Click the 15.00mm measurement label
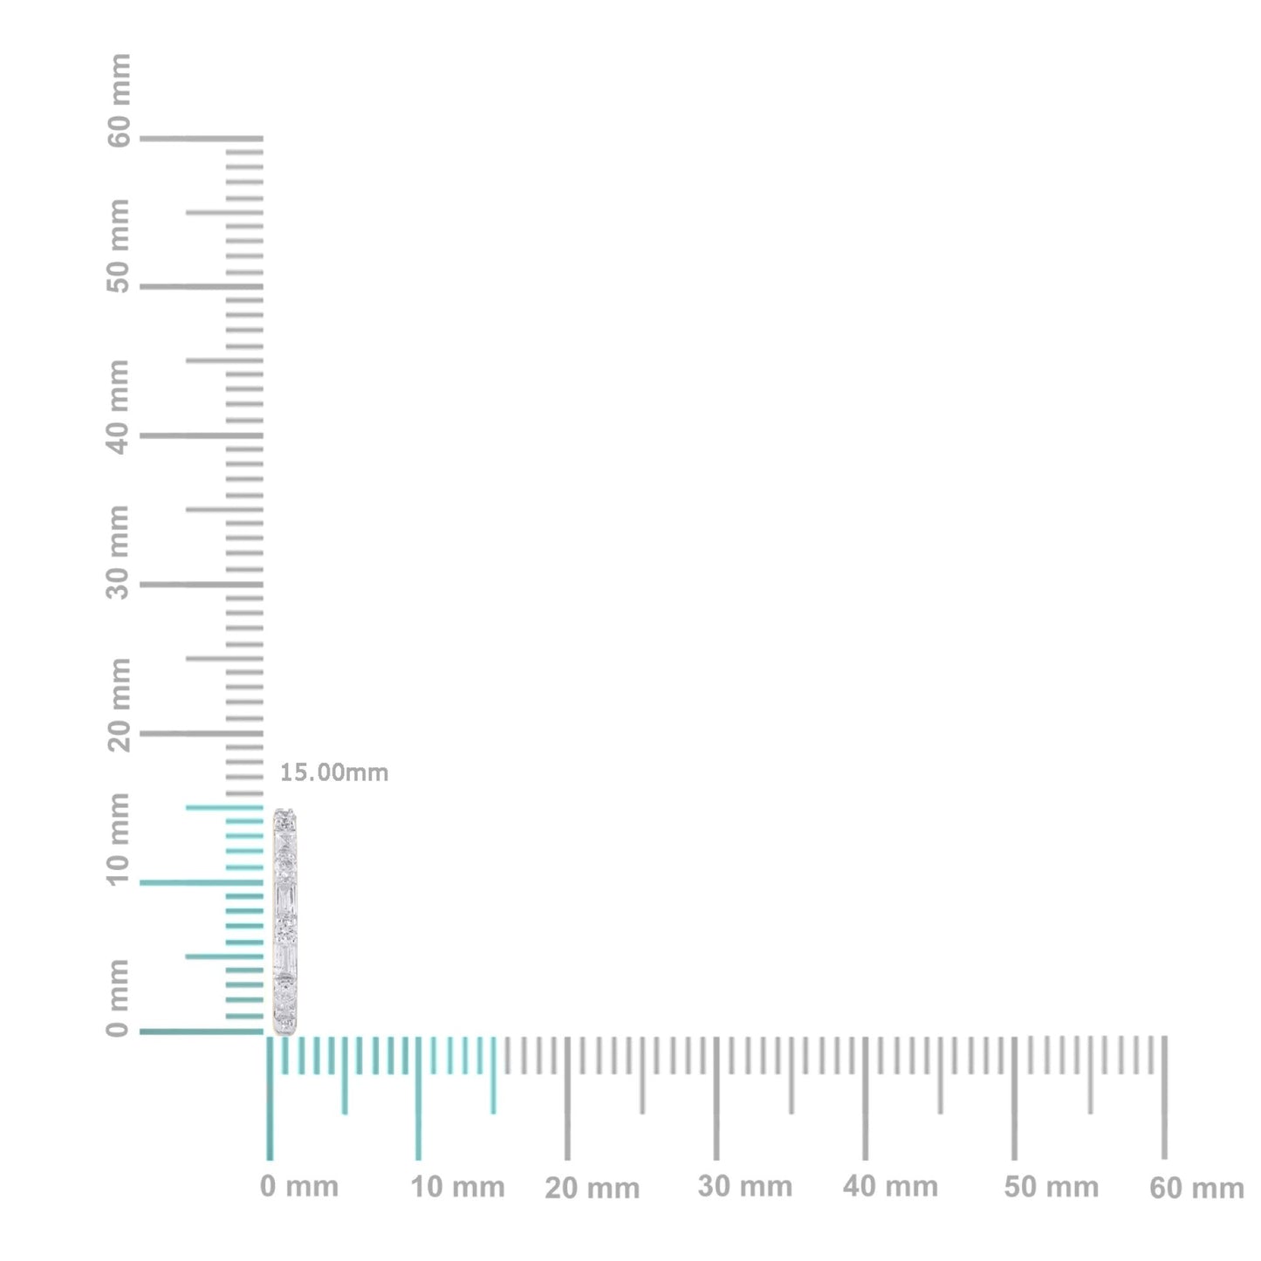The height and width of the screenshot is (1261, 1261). coord(333,773)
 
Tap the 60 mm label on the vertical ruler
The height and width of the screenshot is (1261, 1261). coord(119,99)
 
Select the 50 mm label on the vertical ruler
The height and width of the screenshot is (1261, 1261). coord(119,246)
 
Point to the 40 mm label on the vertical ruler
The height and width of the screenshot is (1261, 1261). coord(119,407)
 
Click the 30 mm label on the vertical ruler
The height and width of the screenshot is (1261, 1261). coord(119,552)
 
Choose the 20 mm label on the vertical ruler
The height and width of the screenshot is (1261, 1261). coord(119,705)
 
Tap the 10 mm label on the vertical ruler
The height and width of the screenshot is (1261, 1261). coord(119,839)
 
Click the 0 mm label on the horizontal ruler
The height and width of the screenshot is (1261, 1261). coord(298,1187)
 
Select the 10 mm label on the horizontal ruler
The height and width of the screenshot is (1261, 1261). coord(457,1187)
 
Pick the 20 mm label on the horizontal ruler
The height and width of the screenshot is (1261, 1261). coord(592,1189)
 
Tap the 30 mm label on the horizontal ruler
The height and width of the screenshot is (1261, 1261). coord(744,1187)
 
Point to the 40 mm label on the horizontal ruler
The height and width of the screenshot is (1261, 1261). coord(890,1187)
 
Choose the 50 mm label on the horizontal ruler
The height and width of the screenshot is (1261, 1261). coord(1051,1187)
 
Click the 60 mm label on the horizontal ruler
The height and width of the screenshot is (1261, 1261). coord(1196,1189)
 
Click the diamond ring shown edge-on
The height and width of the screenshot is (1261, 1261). coord(286,921)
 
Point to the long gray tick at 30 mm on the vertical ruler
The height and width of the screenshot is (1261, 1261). coord(201,584)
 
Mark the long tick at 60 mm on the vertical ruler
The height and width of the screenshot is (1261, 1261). coord(201,138)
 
